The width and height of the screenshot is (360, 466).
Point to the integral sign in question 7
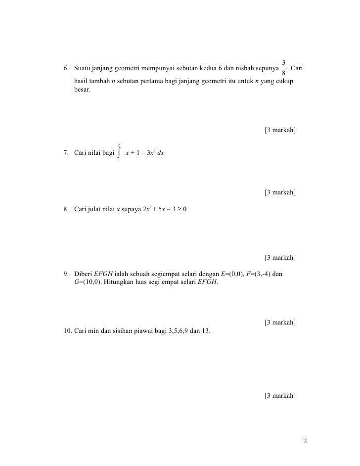119,153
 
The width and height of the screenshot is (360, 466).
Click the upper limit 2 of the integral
119,144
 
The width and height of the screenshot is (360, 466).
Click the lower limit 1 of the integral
119,162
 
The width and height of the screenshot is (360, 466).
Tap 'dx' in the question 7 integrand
161,153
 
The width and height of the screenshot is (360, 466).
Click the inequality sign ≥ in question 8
178,210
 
